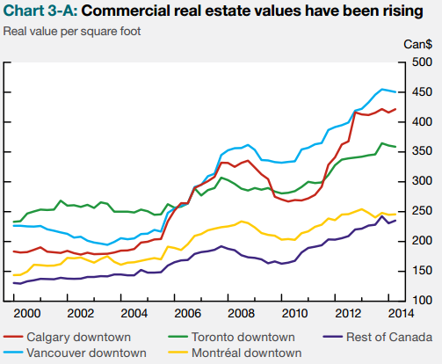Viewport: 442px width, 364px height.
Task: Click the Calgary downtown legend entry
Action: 67,337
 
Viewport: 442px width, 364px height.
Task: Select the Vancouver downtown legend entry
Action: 75,353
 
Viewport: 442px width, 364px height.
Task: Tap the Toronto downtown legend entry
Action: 231,337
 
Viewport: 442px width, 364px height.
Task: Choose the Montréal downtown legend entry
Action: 235,353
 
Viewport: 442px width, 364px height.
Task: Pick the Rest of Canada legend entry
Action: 378,337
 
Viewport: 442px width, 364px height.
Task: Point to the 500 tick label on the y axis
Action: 422,62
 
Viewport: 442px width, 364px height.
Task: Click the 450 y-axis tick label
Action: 422,92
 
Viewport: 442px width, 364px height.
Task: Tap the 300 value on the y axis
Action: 422,181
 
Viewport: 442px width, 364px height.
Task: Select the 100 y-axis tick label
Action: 422,301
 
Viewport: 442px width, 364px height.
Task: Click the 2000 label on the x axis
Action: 27,314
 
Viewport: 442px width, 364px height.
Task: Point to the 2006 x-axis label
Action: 187,314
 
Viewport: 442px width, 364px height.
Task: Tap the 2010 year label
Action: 294,314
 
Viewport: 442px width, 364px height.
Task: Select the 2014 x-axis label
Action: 402,314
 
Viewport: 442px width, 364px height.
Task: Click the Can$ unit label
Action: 418,45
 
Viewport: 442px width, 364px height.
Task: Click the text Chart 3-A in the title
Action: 40,11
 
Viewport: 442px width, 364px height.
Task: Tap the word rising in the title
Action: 402,11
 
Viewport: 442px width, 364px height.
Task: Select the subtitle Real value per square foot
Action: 72,32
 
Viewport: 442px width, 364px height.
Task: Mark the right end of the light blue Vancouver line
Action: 395,92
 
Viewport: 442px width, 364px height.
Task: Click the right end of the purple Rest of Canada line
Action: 395,221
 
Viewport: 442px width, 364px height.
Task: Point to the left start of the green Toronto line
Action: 13,222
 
